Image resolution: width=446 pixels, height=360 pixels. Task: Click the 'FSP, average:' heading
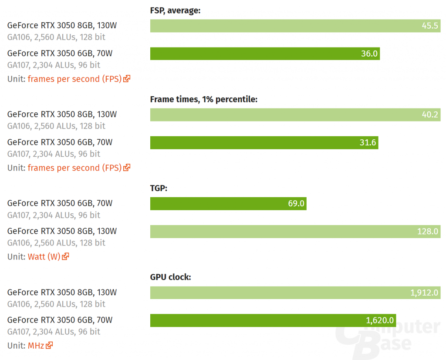[x=175, y=10]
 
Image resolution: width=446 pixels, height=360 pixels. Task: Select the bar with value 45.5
[x=295, y=26]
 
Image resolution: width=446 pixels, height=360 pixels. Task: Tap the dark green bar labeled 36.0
[x=265, y=54]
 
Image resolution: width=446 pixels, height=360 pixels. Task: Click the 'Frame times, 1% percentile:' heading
[x=204, y=99]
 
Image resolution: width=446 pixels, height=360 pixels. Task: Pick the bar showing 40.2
[x=295, y=114]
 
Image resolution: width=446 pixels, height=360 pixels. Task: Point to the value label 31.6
[x=368, y=142]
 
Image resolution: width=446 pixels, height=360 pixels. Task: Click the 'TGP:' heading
[x=159, y=188]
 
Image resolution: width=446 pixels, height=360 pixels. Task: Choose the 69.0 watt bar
[x=228, y=203]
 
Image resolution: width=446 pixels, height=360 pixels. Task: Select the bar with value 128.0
[x=295, y=231]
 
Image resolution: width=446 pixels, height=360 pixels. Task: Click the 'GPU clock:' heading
[x=171, y=277]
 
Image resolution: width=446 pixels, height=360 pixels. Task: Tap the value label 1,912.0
[x=424, y=293]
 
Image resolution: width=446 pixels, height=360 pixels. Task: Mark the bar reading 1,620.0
[x=273, y=320]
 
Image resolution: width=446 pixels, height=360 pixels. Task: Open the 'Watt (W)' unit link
[x=44, y=256]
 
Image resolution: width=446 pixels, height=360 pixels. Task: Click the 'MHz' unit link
[x=36, y=345]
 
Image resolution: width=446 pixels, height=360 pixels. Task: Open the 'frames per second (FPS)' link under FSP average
[x=74, y=79]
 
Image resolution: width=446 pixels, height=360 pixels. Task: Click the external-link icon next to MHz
[x=50, y=345]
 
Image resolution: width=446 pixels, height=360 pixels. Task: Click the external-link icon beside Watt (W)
[x=66, y=256]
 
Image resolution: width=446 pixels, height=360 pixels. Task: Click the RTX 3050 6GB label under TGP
[x=60, y=203]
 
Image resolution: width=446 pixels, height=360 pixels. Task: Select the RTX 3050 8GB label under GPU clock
[x=62, y=292]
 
